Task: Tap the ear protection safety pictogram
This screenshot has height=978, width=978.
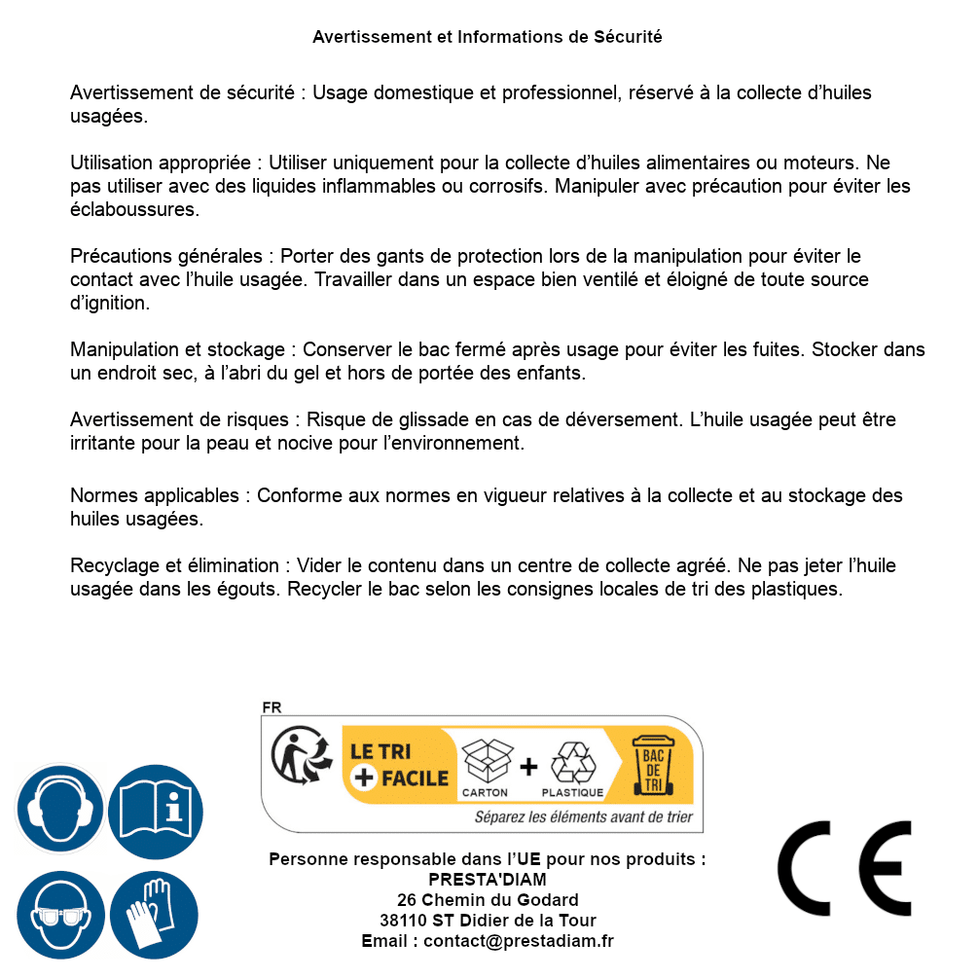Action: tap(59, 809)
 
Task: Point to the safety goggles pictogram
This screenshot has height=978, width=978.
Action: tap(59, 915)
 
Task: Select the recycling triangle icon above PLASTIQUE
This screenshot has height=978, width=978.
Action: tap(572, 763)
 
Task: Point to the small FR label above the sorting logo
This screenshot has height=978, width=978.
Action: tap(272, 707)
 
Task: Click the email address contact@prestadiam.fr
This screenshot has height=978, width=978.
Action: tap(519, 941)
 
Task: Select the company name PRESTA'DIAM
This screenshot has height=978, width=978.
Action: tap(488, 880)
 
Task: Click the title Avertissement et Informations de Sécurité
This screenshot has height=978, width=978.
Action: tap(488, 37)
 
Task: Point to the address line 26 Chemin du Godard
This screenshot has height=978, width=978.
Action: tap(488, 900)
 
